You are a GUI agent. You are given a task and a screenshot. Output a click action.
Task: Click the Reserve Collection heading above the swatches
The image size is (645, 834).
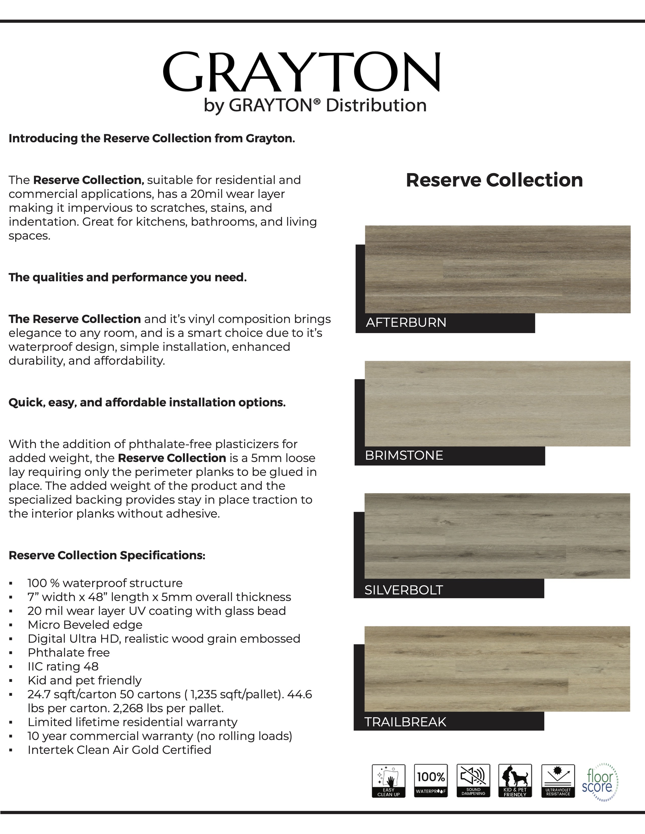tap(494, 180)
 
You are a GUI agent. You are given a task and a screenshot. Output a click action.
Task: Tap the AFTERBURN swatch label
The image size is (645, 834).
tap(406, 323)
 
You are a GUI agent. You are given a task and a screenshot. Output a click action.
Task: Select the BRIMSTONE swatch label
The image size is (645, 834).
tap(404, 456)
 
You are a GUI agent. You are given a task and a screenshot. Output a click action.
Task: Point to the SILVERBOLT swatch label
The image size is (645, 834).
tap(403, 590)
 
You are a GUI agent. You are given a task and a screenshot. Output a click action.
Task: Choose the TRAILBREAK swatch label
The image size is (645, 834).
tap(405, 722)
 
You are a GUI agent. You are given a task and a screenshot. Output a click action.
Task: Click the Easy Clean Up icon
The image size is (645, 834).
tap(389, 781)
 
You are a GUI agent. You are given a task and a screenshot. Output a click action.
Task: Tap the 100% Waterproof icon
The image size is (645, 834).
tap(431, 781)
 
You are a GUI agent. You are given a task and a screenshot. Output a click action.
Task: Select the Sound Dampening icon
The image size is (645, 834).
tap(473, 781)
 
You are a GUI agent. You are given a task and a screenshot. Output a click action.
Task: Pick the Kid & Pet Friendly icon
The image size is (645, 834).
tap(515, 781)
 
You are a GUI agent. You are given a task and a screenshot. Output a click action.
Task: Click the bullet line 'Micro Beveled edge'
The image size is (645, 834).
tap(85, 625)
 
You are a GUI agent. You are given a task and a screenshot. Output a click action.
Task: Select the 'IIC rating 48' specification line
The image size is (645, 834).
tap(63, 666)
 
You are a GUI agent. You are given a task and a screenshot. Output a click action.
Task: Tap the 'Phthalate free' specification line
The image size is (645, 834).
tap(69, 653)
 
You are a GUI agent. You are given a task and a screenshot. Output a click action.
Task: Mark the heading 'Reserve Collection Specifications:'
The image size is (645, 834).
tap(107, 555)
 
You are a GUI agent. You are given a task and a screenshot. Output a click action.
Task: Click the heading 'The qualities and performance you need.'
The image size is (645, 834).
tap(128, 277)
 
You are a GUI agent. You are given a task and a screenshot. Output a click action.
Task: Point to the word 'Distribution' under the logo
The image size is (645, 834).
tap(376, 105)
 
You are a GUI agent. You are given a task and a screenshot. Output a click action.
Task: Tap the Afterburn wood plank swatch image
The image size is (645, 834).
tap(498, 269)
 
